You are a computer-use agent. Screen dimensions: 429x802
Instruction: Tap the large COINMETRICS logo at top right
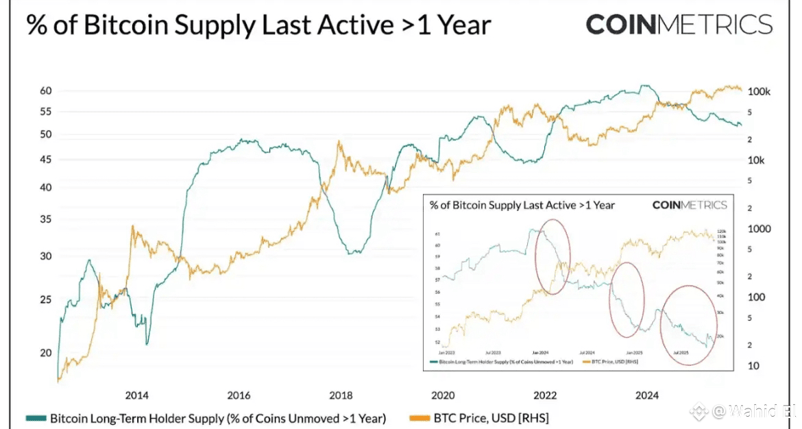(679, 25)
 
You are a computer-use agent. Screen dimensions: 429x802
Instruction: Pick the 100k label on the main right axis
(760, 91)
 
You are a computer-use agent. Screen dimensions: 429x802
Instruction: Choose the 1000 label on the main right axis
(759, 229)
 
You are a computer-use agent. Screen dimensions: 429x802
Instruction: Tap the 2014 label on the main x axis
(136, 395)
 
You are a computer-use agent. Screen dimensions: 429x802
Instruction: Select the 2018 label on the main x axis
(341, 395)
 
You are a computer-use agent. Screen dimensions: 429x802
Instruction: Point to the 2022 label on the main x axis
(545, 395)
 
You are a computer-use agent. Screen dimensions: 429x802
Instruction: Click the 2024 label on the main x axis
(647, 395)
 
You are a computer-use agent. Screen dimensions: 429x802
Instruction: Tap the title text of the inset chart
(522, 205)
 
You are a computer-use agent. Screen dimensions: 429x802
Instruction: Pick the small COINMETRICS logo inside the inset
(689, 205)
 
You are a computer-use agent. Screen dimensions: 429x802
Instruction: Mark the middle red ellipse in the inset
(627, 299)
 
